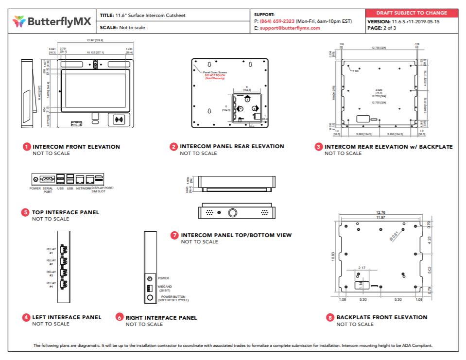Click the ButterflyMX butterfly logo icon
tap(19, 21)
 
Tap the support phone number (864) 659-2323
tap(277, 21)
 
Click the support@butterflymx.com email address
tap(290, 28)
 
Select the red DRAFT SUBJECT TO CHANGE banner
tap(412, 13)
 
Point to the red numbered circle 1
tap(27, 147)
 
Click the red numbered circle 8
tap(330, 318)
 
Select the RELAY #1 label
tap(51, 251)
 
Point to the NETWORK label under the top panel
tap(84, 188)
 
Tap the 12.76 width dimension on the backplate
tap(380, 212)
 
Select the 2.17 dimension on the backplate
tap(362, 268)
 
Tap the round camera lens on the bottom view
tap(233, 212)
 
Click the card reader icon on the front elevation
tap(119, 120)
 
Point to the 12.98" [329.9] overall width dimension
tap(95, 40)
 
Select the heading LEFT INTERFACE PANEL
tap(67, 317)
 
